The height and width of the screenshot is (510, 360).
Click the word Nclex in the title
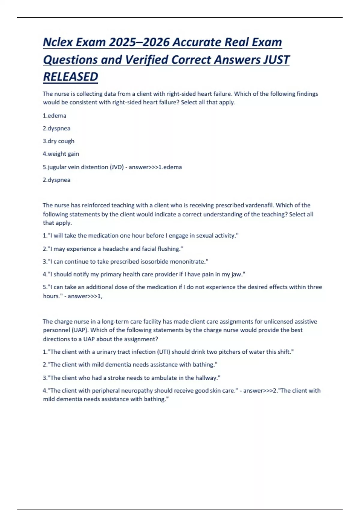(58, 42)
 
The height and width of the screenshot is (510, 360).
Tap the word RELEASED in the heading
(70, 77)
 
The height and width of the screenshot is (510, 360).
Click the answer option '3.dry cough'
(58, 141)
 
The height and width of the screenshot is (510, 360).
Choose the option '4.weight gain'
(61, 154)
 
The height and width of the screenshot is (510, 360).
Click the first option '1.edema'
(55, 115)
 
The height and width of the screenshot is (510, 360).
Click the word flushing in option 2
(170, 249)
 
